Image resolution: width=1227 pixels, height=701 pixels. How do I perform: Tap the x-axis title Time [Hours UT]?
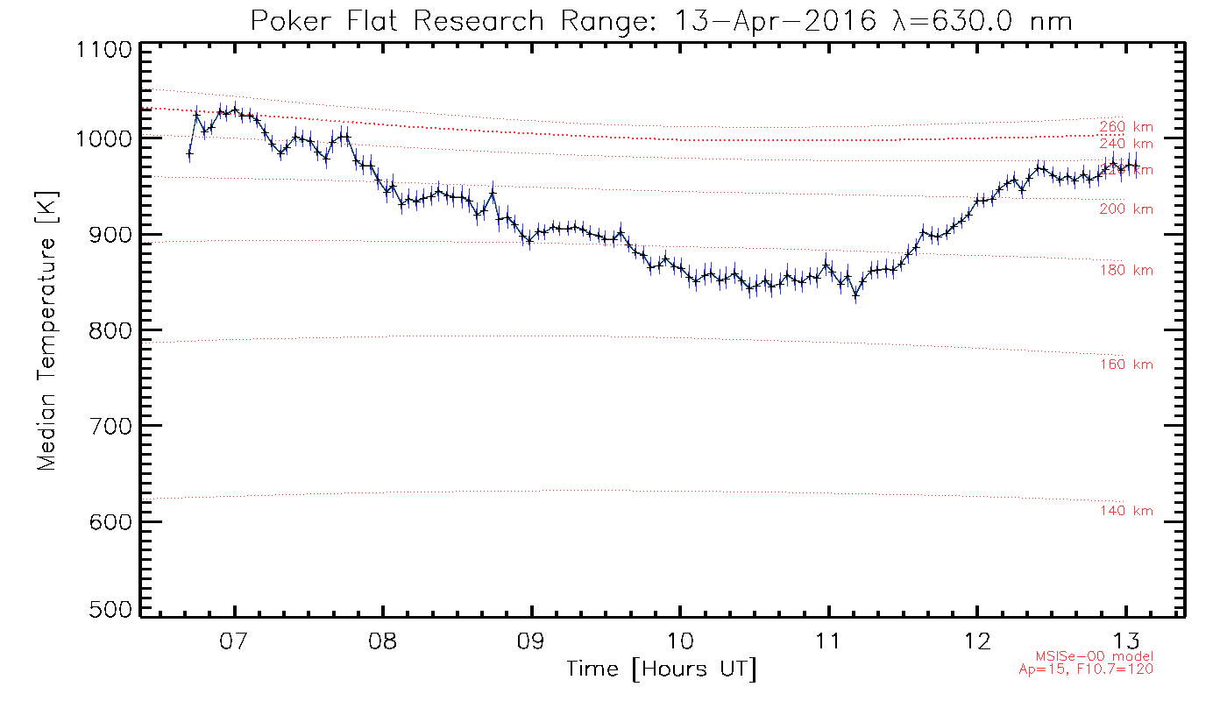point(661,669)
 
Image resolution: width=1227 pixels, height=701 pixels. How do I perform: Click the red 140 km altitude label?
point(1126,511)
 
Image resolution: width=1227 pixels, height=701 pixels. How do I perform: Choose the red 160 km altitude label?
point(1126,365)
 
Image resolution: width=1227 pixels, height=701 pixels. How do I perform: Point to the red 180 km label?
point(1126,270)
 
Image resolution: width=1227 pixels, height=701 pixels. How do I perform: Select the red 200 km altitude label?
point(1126,209)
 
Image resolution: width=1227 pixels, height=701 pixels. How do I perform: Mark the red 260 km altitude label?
point(1126,126)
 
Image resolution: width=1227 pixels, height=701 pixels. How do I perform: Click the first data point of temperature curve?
point(189,153)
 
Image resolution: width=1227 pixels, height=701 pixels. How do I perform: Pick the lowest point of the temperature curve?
point(855,296)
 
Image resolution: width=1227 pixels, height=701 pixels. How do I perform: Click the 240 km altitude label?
point(1126,144)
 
